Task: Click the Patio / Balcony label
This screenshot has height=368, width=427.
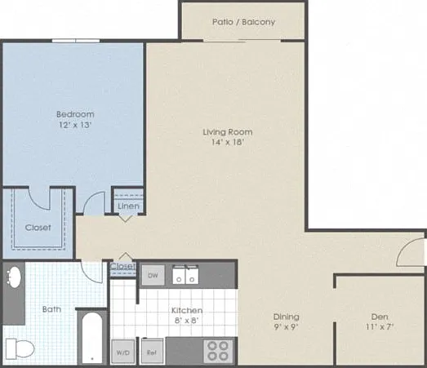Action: click(243, 22)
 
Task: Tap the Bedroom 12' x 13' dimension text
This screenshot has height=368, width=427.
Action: click(75, 125)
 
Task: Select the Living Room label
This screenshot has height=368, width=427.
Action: click(228, 132)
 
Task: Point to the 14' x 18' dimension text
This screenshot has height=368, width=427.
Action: click(228, 142)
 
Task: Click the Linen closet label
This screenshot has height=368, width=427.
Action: click(128, 206)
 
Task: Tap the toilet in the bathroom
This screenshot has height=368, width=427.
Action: click(20, 348)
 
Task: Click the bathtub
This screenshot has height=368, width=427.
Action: click(92, 338)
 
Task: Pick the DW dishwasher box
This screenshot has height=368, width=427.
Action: click(153, 275)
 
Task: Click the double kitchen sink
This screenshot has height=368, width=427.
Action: click(185, 275)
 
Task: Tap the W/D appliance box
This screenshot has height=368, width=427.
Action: click(123, 352)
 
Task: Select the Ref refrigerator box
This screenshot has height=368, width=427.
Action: click(152, 352)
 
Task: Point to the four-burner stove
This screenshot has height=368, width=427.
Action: click(218, 351)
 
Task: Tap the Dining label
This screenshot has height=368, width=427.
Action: click(287, 317)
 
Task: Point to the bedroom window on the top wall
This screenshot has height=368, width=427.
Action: click(76, 41)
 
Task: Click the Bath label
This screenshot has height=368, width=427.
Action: click(51, 309)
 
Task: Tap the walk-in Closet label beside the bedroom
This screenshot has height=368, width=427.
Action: click(38, 228)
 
